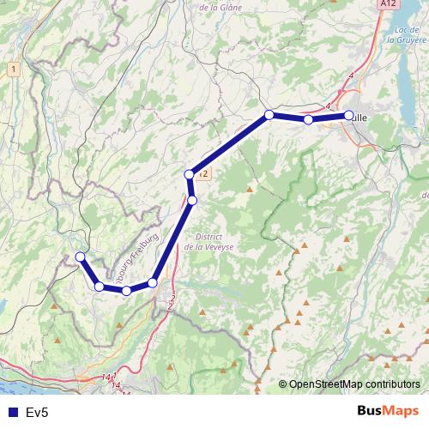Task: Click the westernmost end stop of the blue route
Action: (x=80, y=257)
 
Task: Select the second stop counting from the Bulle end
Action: (x=308, y=119)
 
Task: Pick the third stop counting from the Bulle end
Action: (x=269, y=114)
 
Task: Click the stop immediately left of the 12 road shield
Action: (x=190, y=175)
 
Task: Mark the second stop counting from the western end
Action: (x=100, y=286)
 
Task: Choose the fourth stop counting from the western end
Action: (x=153, y=282)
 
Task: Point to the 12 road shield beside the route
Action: (x=203, y=174)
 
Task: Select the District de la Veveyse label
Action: (x=208, y=241)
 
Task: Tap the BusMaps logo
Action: (x=387, y=411)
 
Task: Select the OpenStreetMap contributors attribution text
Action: (x=353, y=384)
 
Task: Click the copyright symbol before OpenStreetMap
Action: (x=282, y=384)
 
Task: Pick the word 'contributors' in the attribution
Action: (x=391, y=384)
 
